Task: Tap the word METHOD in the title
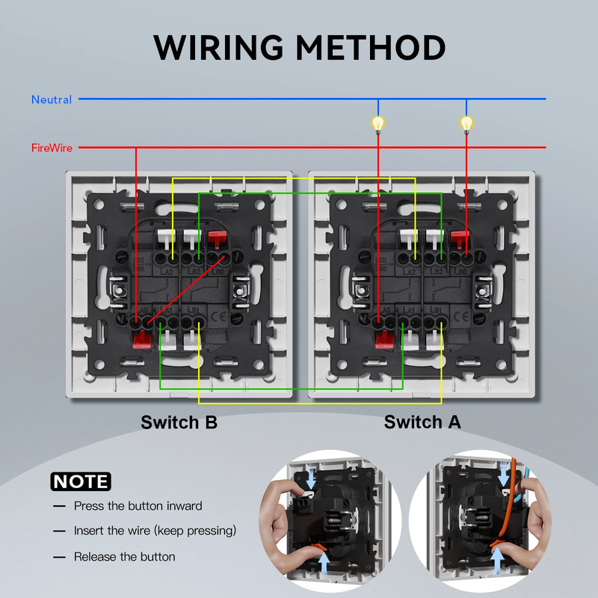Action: [371, 46]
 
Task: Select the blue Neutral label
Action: [52, 99]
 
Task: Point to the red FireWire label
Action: [52, 148]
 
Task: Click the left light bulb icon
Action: [378, 123]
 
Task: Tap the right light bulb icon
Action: [467, 123]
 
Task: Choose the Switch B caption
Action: [179, 422]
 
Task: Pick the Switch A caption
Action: [422, 422]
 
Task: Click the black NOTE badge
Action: [80, 481]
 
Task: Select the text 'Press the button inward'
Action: [138, 506]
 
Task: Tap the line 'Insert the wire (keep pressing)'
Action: [155, 531]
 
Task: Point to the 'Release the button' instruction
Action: [124, 557]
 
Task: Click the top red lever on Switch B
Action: [218, 240]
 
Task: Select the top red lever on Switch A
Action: [460, 240]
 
